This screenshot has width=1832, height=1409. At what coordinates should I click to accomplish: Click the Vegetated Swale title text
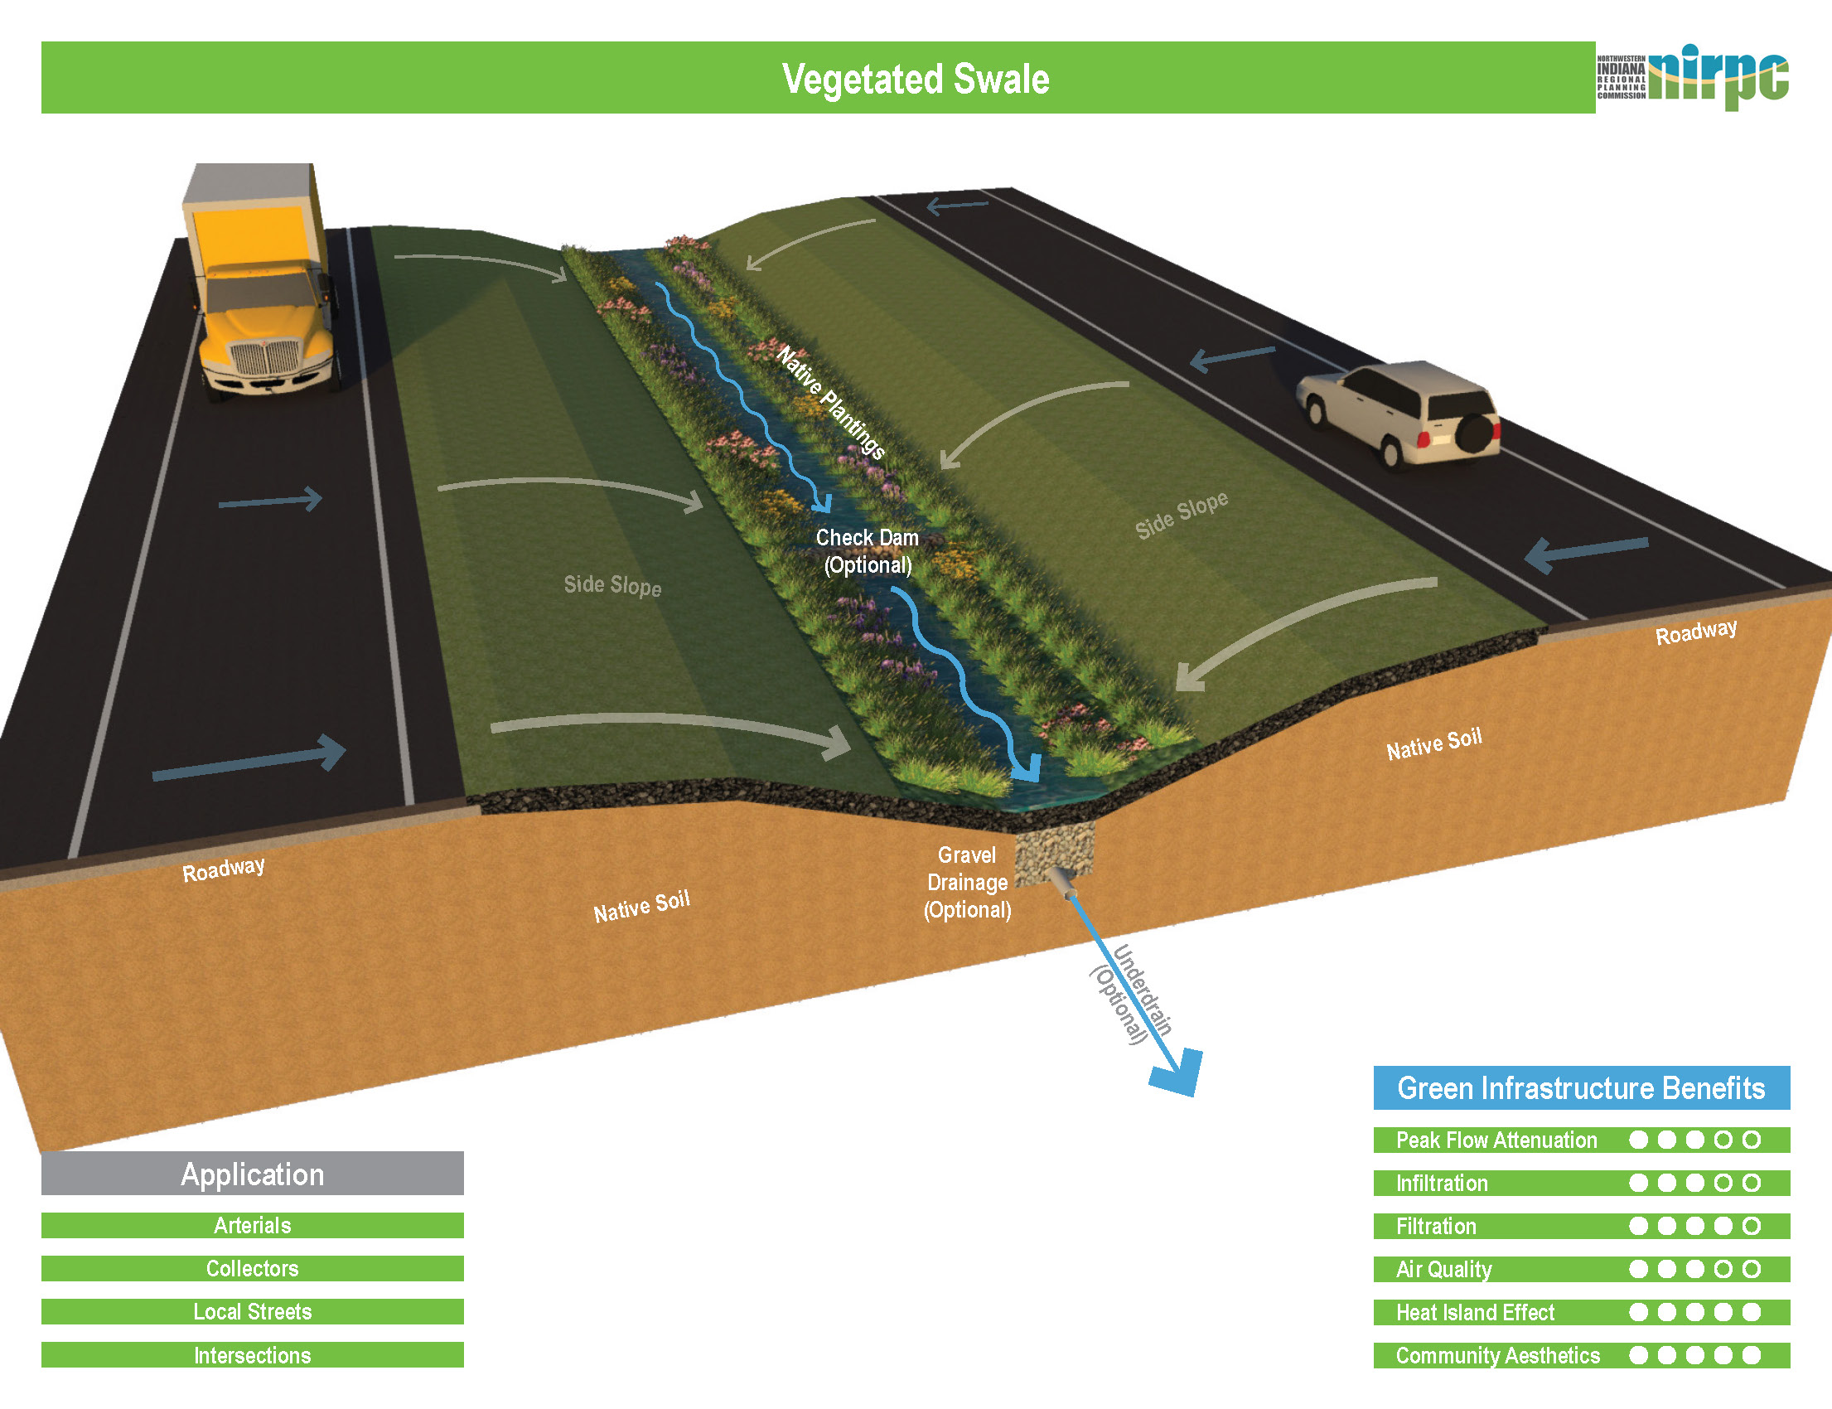click(915, 79)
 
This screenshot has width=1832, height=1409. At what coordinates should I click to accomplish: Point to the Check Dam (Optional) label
click(867, 551)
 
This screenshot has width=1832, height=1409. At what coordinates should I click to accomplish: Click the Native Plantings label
click(830, 403)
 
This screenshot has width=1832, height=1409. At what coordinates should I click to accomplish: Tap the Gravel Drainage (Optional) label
click(967, 883)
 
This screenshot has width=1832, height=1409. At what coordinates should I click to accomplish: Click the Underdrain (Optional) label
click(1131, 994)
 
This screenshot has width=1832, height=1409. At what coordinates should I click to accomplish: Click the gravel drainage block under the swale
click(1055, 850)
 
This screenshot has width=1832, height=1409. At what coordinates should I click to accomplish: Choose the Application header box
click(253, 1174)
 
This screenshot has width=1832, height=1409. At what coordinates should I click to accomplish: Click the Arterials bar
click(253, 1225)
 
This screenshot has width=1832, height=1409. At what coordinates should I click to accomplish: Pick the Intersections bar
click(253, 1355)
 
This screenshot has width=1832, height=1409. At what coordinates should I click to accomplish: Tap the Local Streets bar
click(253, 1312)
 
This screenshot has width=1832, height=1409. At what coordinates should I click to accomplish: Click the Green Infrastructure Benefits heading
click(1580, 1087)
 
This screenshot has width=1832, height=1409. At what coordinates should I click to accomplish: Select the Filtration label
click(1435, 1226)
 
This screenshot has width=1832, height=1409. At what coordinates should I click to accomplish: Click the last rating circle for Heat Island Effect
click(1751, 1312)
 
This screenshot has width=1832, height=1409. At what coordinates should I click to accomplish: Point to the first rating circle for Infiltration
click(1638, 1183)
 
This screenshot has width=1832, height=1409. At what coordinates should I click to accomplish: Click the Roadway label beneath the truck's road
click(223, 869)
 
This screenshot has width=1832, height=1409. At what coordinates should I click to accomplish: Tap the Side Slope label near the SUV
click(1182, 514)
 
